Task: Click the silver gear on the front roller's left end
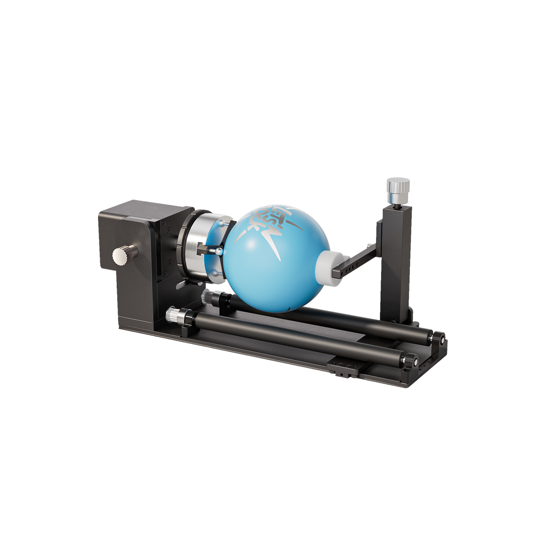[173, 315]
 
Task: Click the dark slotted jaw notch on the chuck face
[202, 250]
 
